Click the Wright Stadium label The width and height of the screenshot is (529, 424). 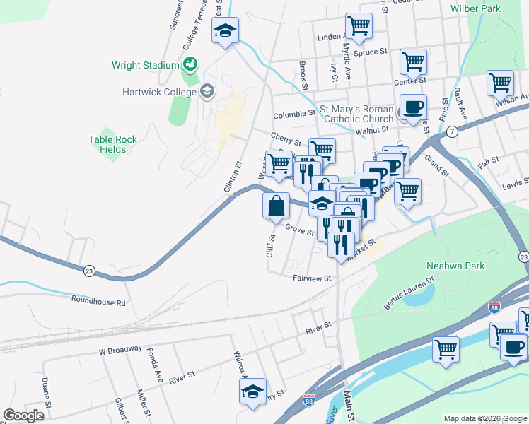pyautogui.click(x=145, y=65)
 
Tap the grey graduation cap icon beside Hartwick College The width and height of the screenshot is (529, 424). pyautogui.click(x=207, y=90)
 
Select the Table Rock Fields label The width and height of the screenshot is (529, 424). pyautogui.click(x=112, y=144)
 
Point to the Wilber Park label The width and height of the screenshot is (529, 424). pyautogui.click(x=475, y=8)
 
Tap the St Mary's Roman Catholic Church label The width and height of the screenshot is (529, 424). pyautogui.click(x=357, y=114)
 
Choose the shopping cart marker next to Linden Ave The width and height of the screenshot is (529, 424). pyautogui.click(x=359, y=26)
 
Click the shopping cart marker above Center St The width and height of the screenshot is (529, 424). pyautogui.click(x=413, y=61)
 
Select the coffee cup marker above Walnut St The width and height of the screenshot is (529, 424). pyautogui.click(x=413, y=107)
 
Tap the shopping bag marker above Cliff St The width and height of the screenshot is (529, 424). pyautogui.click(x=277, y=206)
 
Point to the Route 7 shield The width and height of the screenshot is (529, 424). pyautogui.click(x=450, y=132)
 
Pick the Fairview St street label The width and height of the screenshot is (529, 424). pyautogui.click(x=312, y=278)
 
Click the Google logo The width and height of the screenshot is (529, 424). pyautogui.click(x=23, y=416)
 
